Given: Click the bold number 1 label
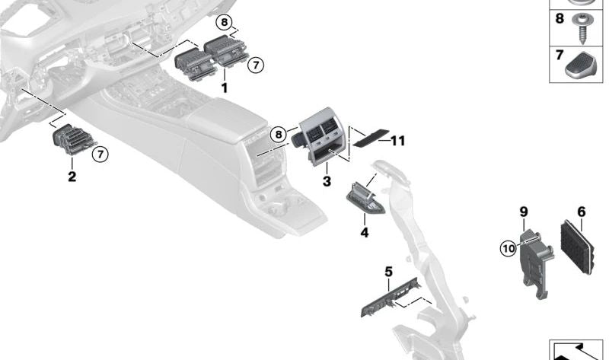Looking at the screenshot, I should tap(225, 88).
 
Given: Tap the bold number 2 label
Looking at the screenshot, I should tap(72, 177).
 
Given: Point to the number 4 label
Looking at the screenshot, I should tap(364, 232).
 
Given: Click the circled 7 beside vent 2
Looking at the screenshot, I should tap(100, 155).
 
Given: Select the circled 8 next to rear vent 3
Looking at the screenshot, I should tap(279, 135).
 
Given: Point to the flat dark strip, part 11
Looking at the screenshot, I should tap(368, 139).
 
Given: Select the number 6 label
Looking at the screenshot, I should tap(581, 212).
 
